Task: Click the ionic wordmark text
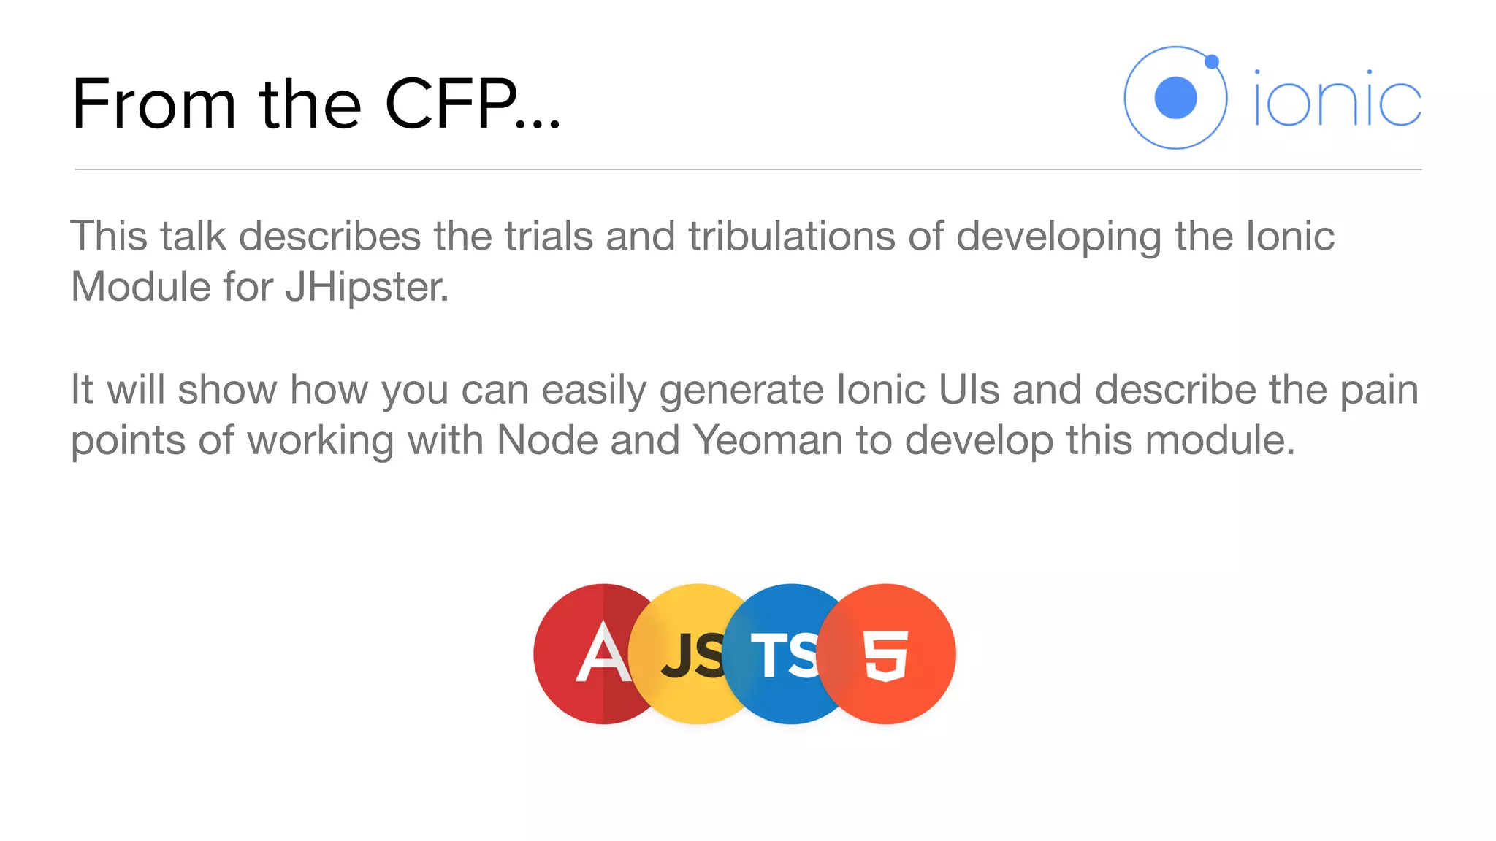click(1337, 99)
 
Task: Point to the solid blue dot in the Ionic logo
click(1175, 97)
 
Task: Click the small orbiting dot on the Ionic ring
click(1212, 61)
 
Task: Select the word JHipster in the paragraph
click(367, 287)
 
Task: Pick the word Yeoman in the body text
click(768, 440)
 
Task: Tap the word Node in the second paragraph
click(547, 440)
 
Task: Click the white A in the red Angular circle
click(603, 653)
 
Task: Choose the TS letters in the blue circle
click(784, 655)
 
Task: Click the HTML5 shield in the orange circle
click(886, 655)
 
